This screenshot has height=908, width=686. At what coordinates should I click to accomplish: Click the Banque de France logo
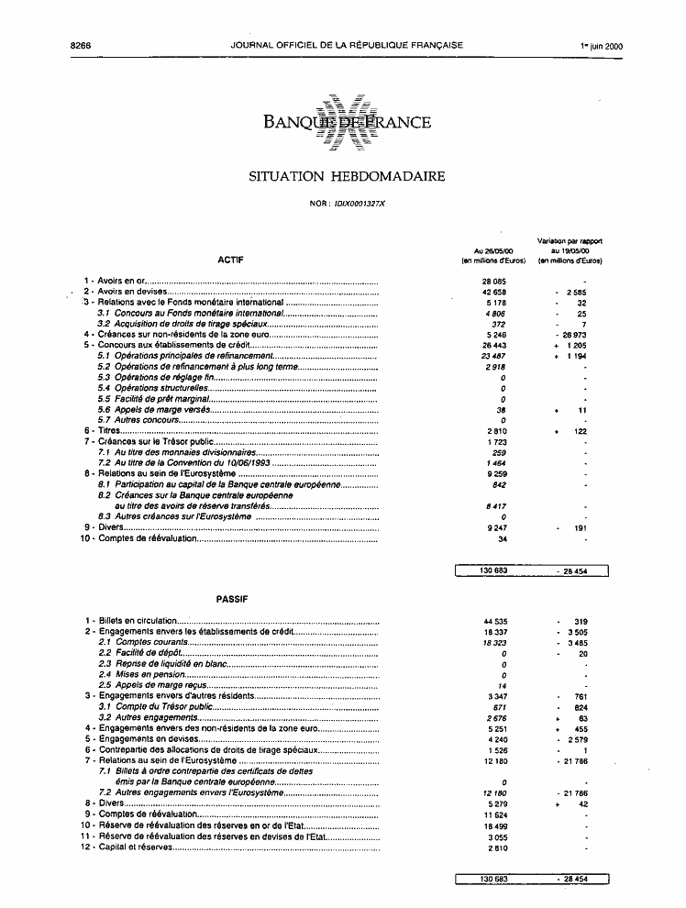pos(347,121)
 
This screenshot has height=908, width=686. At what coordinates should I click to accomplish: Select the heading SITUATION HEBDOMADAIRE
pos(347,177)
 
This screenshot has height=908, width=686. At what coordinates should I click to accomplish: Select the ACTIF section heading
pos(230,260)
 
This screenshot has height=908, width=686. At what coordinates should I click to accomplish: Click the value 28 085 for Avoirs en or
pos(494,281)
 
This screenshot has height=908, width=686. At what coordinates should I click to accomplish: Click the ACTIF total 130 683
pos(494,570)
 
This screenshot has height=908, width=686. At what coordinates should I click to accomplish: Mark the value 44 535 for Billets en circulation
pos(494,621)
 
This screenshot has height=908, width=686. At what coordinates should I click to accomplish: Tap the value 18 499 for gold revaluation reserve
pos(494,825)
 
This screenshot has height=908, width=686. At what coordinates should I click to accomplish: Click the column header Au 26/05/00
pos(492,250)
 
